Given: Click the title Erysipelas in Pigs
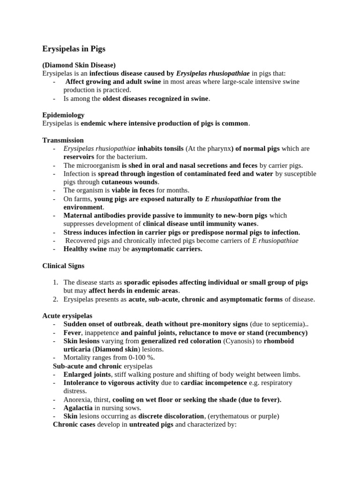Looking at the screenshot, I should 74,49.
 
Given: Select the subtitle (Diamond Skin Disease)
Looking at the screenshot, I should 79,65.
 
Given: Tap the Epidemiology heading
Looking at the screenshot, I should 63,115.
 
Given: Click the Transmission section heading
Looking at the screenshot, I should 63,140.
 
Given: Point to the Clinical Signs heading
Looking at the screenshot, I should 63,266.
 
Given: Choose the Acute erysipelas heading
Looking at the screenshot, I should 67,315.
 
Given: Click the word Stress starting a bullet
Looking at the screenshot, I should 73,232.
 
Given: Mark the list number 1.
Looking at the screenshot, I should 55,283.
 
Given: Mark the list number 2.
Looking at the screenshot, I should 55,299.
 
